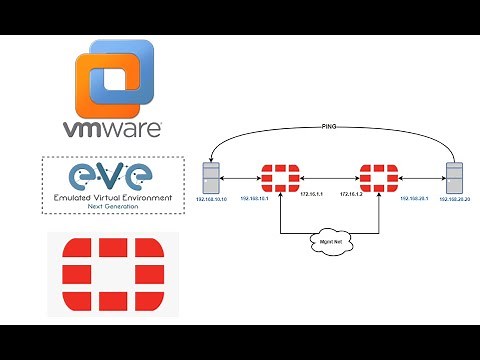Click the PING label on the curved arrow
coord(331,128)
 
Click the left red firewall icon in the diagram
coord(279,178)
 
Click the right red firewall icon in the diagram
coord(380,178)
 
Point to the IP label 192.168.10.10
coord(211,202)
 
